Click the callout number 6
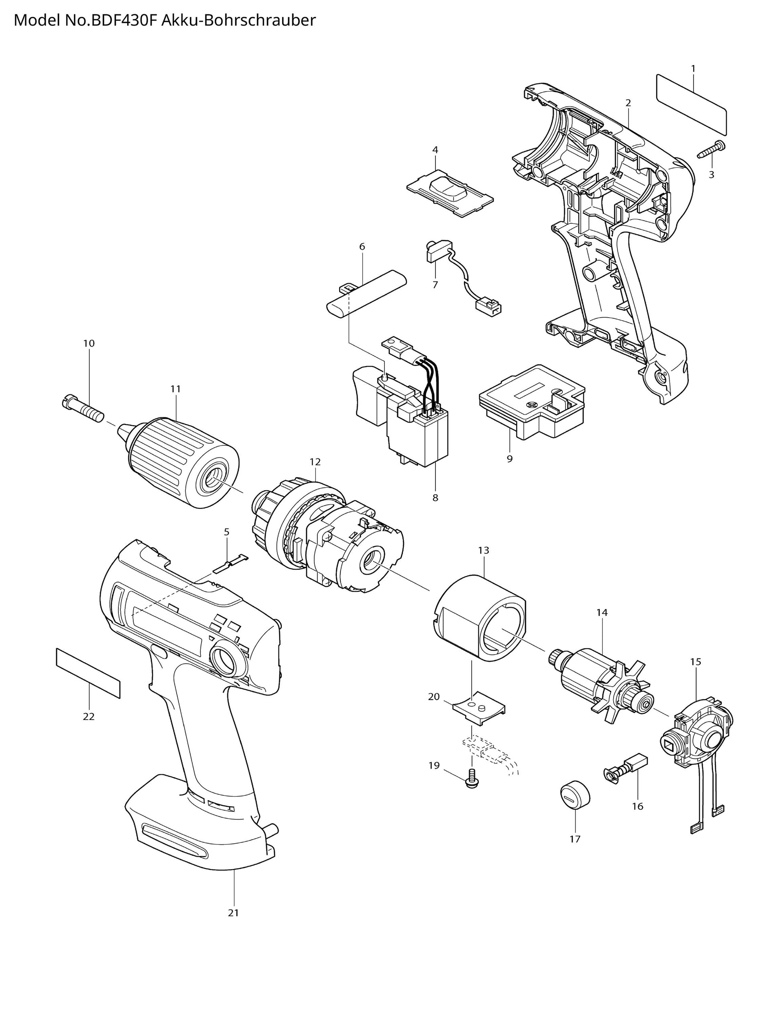362,247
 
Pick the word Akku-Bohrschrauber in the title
238,20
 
